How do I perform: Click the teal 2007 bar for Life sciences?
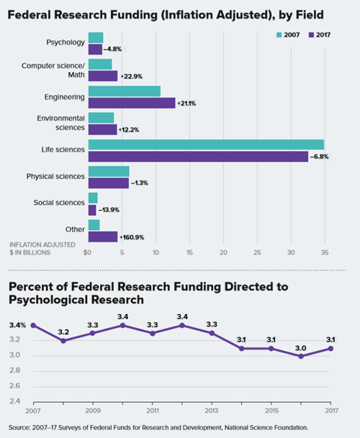pyautogui.click(x=206, y=145)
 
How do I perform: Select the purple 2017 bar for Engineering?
pyautogui.click(x=131, y=103)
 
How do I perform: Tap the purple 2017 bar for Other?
pyautogui.click(x=102, y=237)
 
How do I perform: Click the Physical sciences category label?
pyautogui.click(x=56, y=176)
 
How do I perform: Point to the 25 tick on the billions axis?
pyautogui.click(x=257, y=252)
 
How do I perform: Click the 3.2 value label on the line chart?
pyautogui.click(x=64, y=332)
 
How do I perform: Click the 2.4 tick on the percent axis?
pyautogui.click(x=15, y=402)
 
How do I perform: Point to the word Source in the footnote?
pyautogui.click(x=19, y=427)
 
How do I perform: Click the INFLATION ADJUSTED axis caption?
pyautogui.click(x=40, y=245)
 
